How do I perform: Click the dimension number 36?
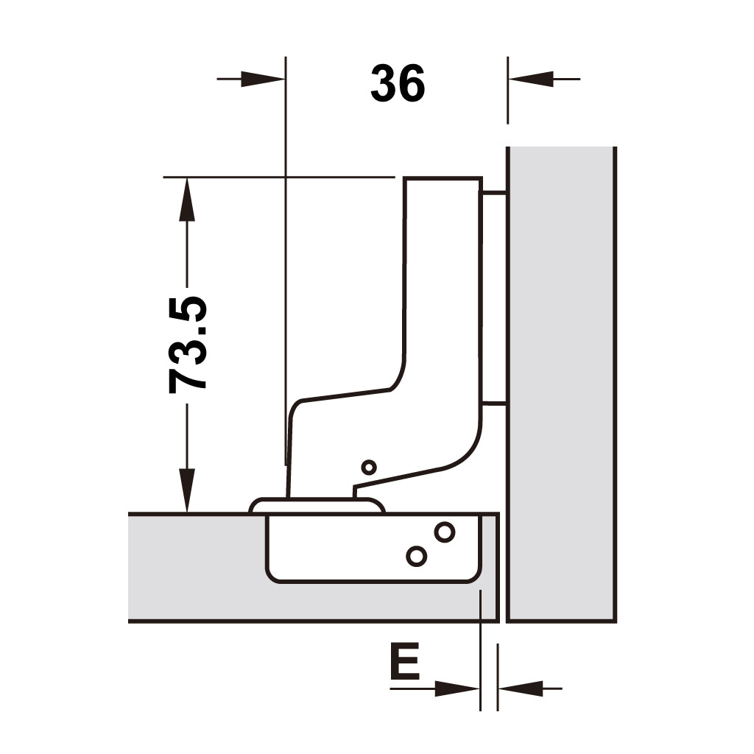(x=398, y=83)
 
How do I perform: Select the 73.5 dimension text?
(x=188, y=345)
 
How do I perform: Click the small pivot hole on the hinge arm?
(x=369, y=467)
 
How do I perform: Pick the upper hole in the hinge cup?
(x=445, y=532)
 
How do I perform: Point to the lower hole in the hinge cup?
(x=417, y=557)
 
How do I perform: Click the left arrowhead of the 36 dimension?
(x=263, y=79)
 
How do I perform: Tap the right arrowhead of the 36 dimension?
(x=531, y=79)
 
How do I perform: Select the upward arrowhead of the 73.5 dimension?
(x=187, y=199)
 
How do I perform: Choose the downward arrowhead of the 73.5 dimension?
(x=187, y=490)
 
